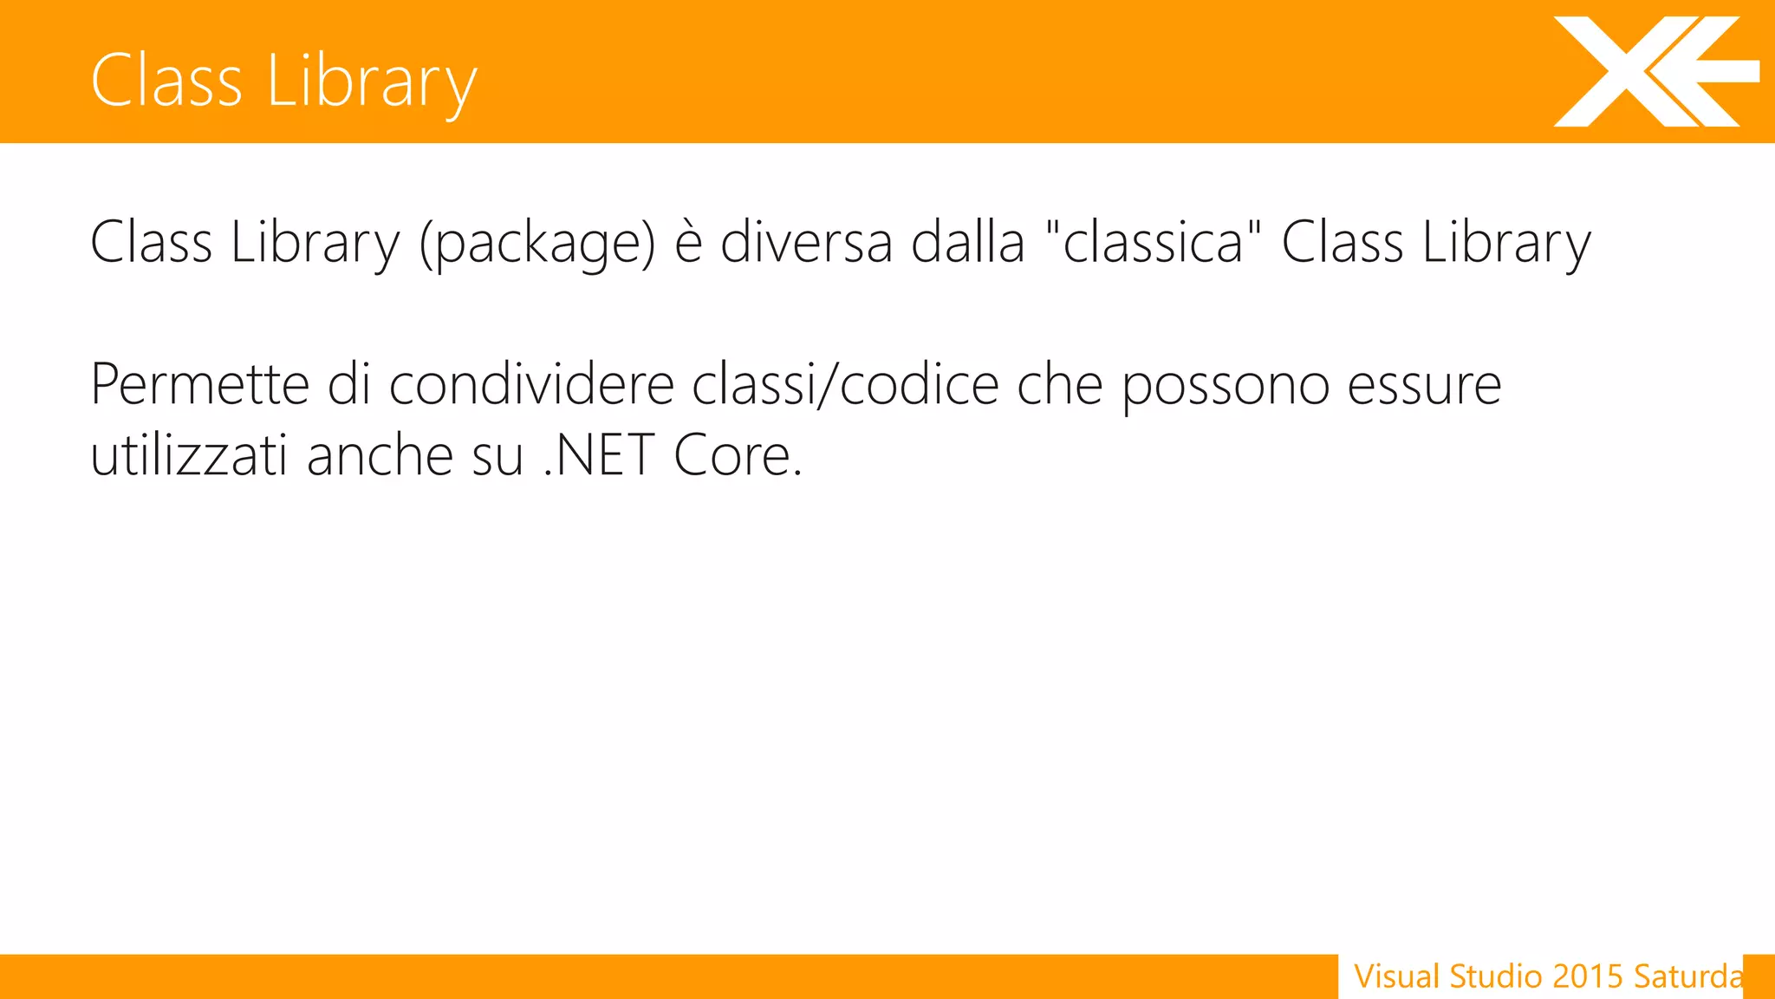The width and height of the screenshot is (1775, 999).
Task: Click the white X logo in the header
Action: point(1651,71)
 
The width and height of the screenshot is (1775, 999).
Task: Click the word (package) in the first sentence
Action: point(537,243)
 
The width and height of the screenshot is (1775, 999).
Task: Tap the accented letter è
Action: point(688,243)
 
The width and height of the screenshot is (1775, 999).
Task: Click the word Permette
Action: point(199,384)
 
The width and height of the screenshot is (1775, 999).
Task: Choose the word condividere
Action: point(531,384)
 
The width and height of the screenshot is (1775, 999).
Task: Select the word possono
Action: point(1226,386)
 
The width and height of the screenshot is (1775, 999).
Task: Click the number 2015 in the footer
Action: point(1587,976)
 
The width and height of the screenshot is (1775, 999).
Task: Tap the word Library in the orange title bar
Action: point(372,81)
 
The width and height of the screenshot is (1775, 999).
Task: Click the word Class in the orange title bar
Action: point(166,81)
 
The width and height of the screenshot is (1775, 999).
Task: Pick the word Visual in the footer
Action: point(1397,976)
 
